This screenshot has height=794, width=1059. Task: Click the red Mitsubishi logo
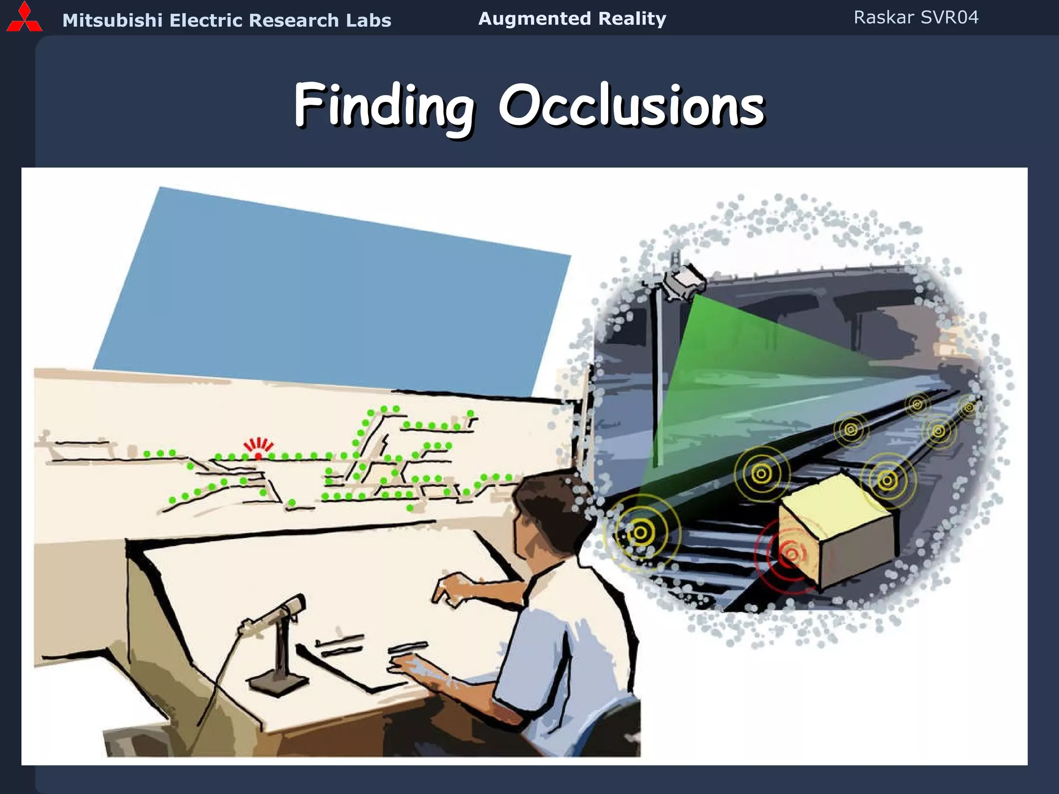pos(24,18)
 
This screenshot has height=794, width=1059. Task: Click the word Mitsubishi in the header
pos(112,21)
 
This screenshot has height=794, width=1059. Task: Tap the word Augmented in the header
pos(534,19)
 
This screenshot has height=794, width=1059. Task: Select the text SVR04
pos(949,18)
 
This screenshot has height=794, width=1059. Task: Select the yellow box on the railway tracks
pos(835,527)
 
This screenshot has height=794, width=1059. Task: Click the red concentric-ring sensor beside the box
pos(790,554)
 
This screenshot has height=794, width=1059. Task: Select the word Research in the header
pos(294,21)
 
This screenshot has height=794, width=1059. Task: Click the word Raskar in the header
pos(883,18)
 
